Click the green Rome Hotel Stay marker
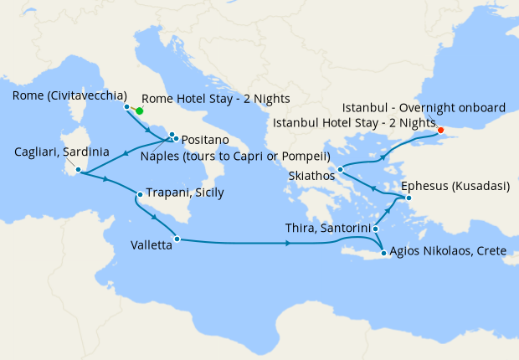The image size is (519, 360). click(140, 111)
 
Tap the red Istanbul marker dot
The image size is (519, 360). click(440, 130)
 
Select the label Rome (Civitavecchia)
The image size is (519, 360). click(70, 95)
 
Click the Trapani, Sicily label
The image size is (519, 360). click(185, 193)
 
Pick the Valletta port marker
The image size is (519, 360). click(177, 239)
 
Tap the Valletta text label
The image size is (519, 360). click(152, 246)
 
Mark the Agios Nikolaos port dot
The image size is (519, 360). click(383, 253)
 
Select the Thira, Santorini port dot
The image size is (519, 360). click(376, 229)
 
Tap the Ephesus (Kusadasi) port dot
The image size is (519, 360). click(408, 198)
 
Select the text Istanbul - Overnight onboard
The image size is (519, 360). click(424, 108)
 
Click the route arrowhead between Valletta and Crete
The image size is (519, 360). click(288, 244)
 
